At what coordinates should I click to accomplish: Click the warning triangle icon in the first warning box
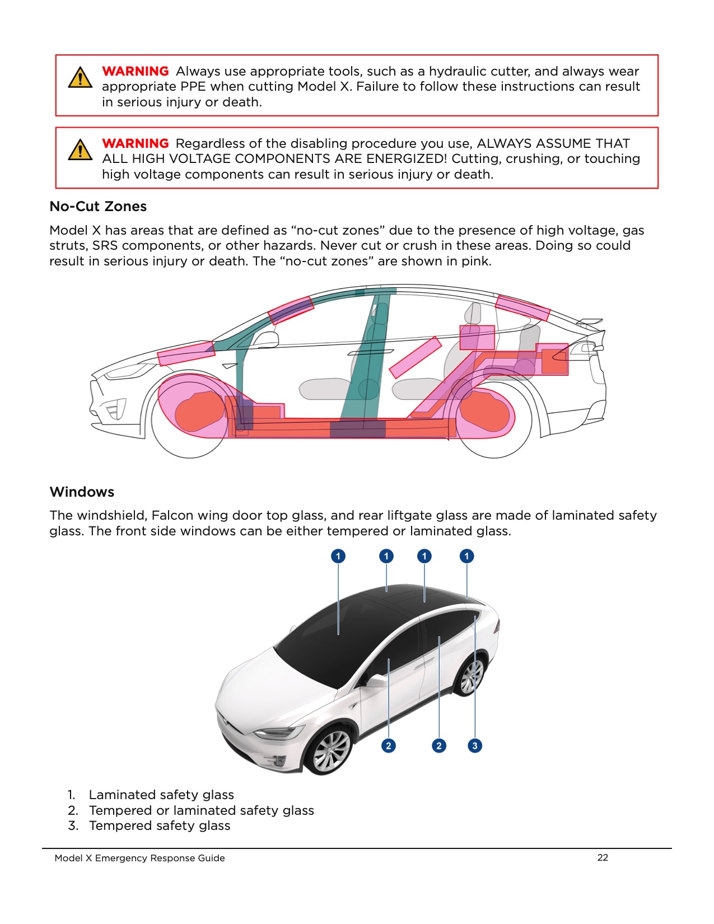tap(80, 78)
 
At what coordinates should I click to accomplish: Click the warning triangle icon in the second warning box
tap(80, 150)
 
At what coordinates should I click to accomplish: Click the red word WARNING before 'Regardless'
tap(135, 143)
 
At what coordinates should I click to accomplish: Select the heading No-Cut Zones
tap(98, 207)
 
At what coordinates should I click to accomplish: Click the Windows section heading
tap(82, 492)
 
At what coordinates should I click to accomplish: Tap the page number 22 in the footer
tap(603, 857)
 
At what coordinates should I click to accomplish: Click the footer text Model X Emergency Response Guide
tap(139, 858)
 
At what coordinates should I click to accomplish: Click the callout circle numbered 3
tap(475, 745)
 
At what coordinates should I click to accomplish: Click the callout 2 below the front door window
tap(389, 745)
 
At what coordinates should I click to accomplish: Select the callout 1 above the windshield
tap(338, 556)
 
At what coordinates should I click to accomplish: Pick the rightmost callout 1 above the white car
tap(466, 556)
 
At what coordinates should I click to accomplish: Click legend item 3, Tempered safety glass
tap(159, 825)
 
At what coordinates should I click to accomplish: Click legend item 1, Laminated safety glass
tap(161, 795)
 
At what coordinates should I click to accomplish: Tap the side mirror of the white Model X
tap(376, 681)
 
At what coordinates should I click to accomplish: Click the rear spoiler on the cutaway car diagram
tap(591, 323)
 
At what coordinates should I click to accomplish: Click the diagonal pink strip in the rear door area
tap(415, 357)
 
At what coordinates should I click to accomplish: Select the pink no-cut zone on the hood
tap(186, 353)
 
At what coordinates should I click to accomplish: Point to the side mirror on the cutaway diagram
tap(266, 339)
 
